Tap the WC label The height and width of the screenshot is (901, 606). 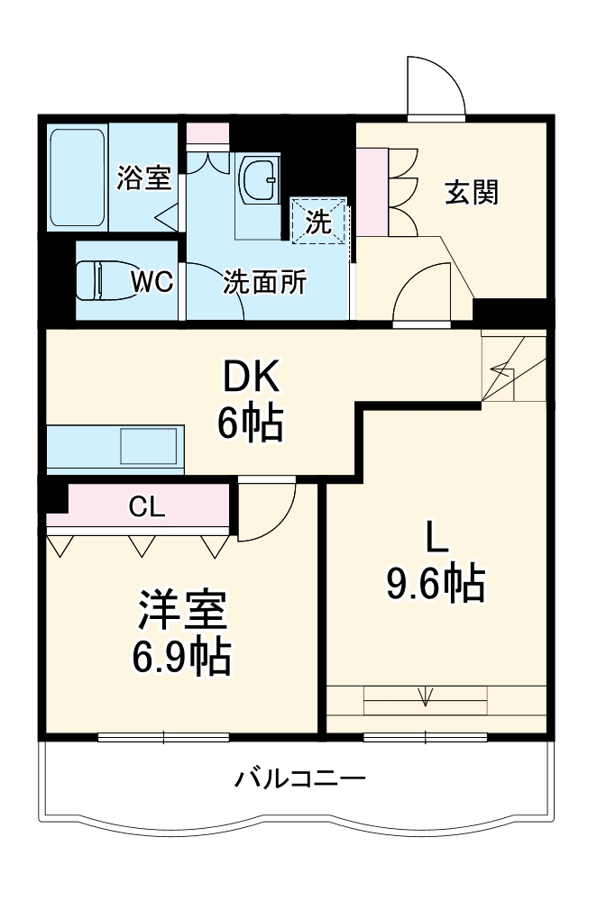click(152, 282)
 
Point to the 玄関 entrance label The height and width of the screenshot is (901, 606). click(472, 193)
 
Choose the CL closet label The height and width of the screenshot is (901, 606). click(146, 507)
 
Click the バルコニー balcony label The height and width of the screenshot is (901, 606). click(300, 778)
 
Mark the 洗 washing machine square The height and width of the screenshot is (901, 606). click(318, 220)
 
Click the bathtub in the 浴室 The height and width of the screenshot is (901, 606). click(78, 177)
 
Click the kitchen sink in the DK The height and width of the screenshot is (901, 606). click(151, 446)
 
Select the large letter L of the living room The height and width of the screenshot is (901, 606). click(436, 539)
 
